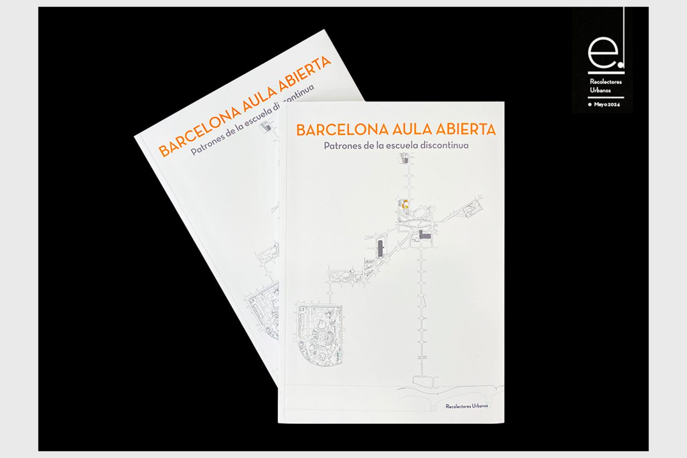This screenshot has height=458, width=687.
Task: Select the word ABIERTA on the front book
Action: pos(466,129)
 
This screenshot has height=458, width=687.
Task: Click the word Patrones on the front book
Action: pos(342,146)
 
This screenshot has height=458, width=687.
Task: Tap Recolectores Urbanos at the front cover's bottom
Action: pos(466,406)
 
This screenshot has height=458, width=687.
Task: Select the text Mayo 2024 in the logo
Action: pos(606,105)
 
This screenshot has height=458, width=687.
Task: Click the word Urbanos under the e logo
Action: pos(600,90)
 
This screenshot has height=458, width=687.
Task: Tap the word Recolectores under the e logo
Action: pos(606,82)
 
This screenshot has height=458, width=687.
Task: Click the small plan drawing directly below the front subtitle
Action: pos(404,158)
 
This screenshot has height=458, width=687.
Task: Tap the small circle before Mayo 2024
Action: pos(590,105)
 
